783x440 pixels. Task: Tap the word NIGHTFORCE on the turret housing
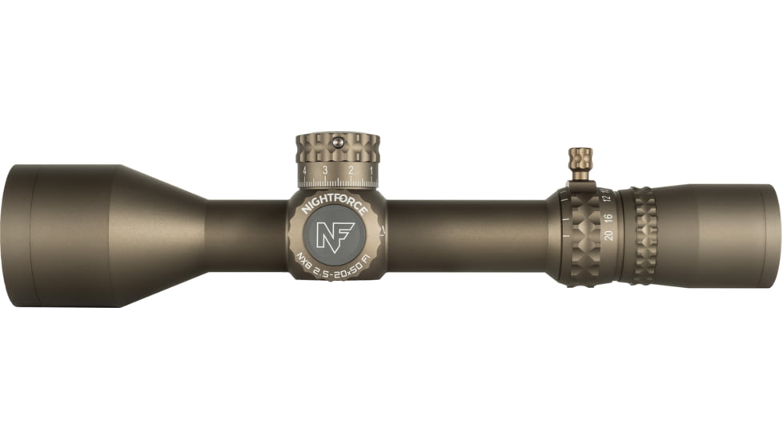(334, 206)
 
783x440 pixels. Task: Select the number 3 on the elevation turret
(325, 171)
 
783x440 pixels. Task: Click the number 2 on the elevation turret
(351, 171)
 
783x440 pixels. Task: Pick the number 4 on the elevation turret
(304, 171)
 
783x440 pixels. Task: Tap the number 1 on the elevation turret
(371, 171)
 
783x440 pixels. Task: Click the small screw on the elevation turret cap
(337, 142)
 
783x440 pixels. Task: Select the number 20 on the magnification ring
(609, 234)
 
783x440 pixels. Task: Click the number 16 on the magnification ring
(608, 216)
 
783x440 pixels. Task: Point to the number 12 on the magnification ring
(607, 199)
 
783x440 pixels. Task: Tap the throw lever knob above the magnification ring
(580, 158)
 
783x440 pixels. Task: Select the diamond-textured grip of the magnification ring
(583, 236)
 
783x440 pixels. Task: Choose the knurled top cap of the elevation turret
(337, 148)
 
